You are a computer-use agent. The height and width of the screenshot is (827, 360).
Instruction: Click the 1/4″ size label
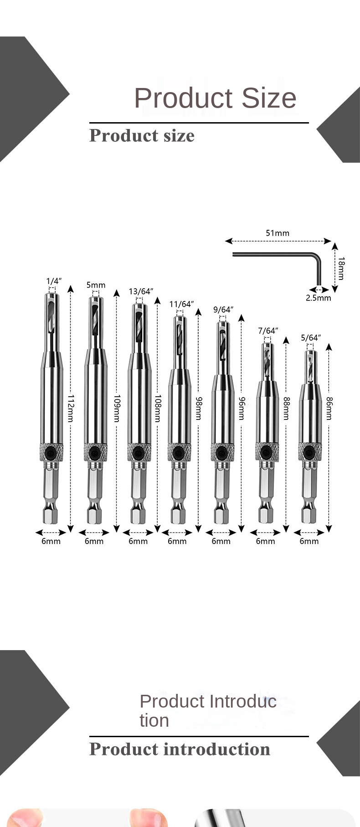54,281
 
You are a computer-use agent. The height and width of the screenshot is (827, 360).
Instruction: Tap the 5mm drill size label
96,285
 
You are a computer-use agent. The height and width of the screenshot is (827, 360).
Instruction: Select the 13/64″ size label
141,291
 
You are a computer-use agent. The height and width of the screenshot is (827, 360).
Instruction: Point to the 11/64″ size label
181,304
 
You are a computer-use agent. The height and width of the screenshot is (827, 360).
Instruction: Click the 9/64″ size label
223,310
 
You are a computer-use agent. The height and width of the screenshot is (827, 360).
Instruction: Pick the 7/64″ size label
267,331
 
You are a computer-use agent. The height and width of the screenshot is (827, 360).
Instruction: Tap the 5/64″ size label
311,338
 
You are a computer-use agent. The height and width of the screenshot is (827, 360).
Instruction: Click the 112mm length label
71,408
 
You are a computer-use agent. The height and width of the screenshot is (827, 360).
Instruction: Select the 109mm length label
117,408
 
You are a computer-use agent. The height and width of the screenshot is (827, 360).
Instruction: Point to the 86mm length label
329,408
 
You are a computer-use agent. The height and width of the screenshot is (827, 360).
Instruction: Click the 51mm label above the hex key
278,233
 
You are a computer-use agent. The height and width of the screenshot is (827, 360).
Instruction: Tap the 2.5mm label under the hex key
318,298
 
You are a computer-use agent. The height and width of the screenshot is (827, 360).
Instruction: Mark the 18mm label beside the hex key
341,268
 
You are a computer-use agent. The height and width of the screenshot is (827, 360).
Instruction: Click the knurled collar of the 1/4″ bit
51,452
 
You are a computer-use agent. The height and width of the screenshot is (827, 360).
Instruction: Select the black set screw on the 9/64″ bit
222,452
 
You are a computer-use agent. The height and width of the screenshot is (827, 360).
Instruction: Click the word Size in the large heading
268,98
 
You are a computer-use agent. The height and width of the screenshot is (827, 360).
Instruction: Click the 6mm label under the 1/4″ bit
51,541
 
